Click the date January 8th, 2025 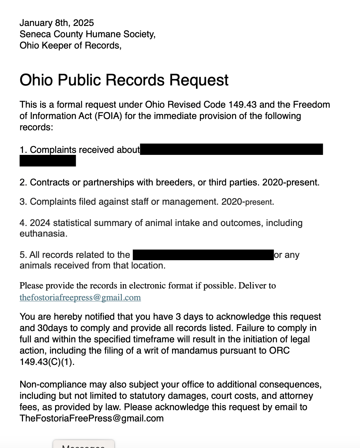[56, 23]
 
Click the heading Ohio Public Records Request [124, 80]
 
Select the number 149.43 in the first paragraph [242, 105]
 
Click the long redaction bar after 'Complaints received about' [231, 149]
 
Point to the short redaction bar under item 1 [47, 161]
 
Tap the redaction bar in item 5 [203, 255]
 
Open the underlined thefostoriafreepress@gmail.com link [80, 297]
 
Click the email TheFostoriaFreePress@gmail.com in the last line [91, 418]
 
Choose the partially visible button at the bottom [84, 445]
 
